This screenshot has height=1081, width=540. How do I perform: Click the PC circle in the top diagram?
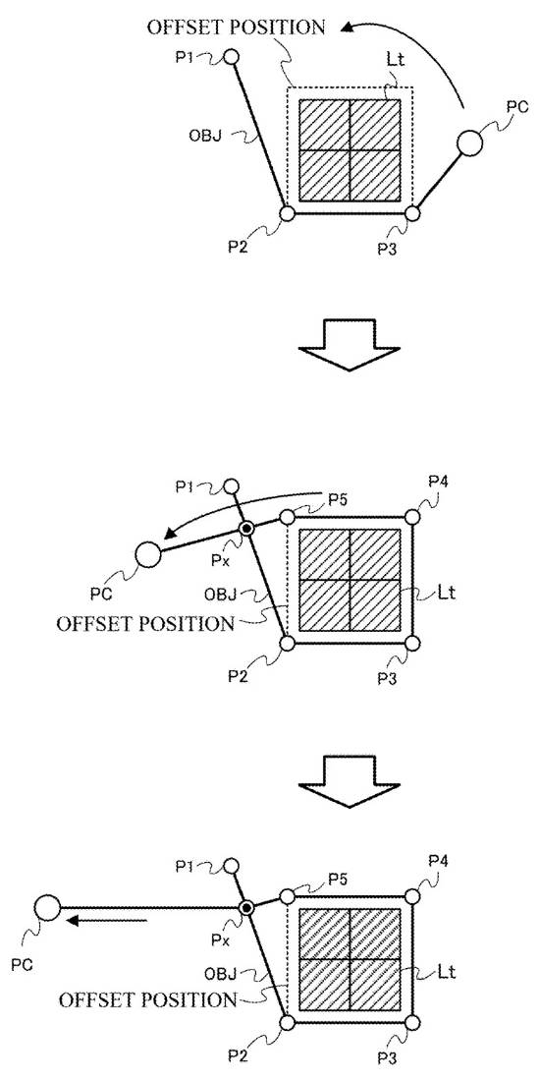(x=470, y=143)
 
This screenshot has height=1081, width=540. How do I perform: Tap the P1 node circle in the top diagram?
(x=232, y=56)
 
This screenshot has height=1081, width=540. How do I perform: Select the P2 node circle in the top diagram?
(x=288, y=213)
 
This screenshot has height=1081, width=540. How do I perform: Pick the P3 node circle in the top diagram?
(x=412, y=213)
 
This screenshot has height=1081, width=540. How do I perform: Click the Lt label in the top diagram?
(x=396, y=60)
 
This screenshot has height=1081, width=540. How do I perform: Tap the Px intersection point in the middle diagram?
(x=246, y=529)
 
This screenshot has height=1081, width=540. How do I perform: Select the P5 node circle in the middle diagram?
(x=288, y=517)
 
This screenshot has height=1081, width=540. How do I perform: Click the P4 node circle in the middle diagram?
(x=412, y=517)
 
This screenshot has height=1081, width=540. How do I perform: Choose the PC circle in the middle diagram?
(x=147, y=553)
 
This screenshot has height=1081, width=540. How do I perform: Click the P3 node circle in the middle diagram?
(x=412, y=643)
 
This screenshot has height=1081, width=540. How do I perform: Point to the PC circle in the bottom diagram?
(x=48, y=907)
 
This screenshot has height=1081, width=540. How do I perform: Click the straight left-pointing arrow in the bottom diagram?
(x=105, y=920)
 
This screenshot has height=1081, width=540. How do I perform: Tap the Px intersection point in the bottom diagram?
(x=246, y=907)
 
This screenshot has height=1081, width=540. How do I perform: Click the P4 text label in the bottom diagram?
(x=439, y=860)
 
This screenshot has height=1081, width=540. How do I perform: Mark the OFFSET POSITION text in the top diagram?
(x=236, y=28)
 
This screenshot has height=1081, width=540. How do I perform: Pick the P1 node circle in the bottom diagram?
(x=232, y=865)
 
